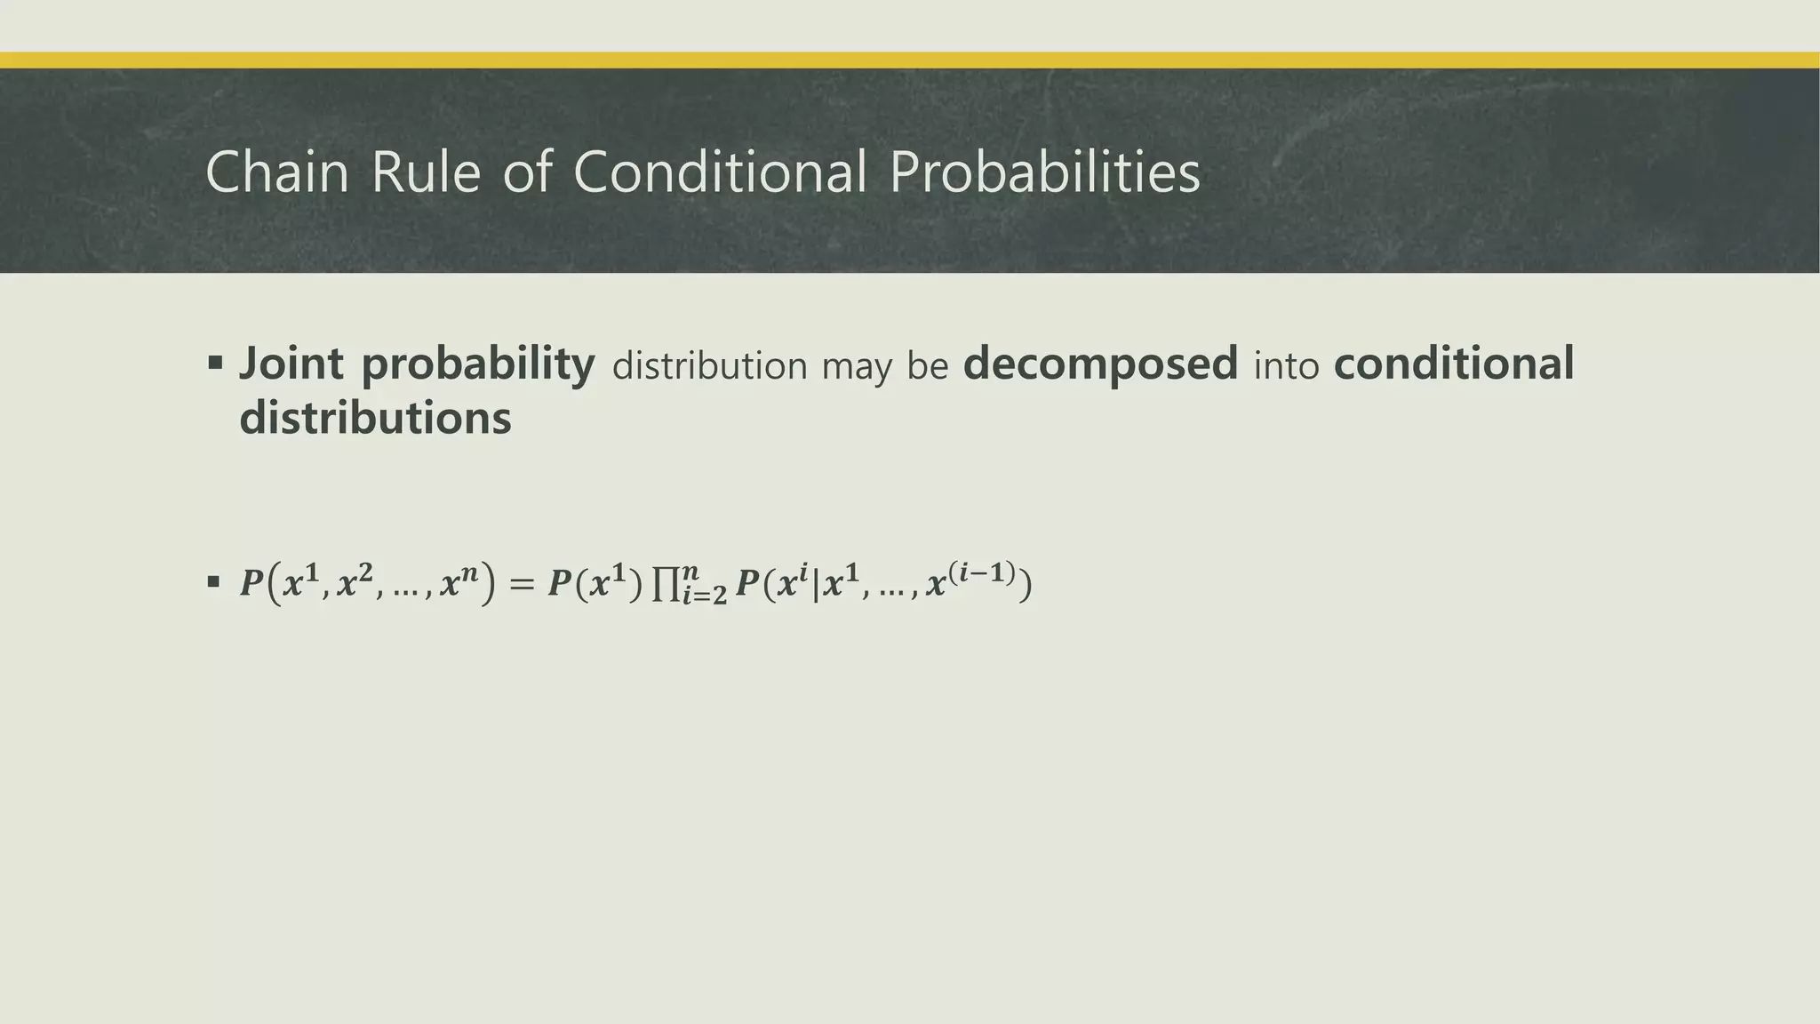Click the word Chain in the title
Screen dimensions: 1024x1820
coord(276,172)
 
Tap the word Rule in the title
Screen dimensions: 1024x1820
coord(425,172)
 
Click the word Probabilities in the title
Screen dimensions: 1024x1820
coord(1044,172)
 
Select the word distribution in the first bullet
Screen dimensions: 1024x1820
coord(709,366)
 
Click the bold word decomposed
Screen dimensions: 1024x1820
coord(1100,364)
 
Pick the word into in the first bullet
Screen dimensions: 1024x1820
coord(1286,366)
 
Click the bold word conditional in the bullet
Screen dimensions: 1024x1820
coord(1454,364)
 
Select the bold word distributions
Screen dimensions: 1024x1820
coord(375,419)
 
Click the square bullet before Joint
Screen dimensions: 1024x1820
coord(214,363)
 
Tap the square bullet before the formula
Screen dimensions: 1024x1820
coord(213,582)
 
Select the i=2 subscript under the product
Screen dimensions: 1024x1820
coord(704,596)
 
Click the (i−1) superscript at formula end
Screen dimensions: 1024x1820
coord(982,572)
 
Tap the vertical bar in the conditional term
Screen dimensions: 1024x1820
coord(815,585)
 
